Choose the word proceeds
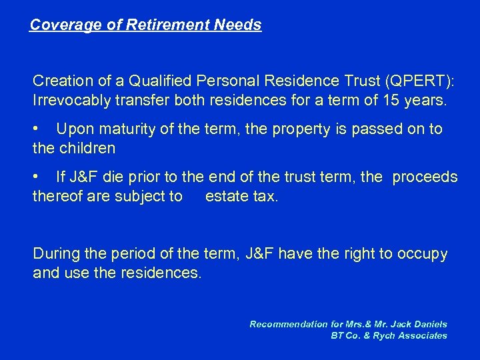[425, 177]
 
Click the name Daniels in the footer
[429, 324]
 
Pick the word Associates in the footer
[423, 335]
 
